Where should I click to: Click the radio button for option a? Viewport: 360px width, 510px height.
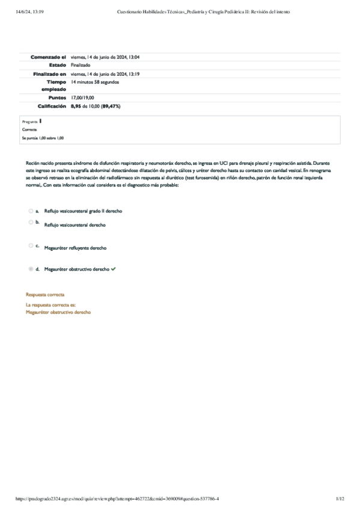pos(31,211)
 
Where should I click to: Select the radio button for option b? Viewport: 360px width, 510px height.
pos(31,223)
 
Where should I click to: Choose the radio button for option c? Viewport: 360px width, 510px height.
pos(31,245)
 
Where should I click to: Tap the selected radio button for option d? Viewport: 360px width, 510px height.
pos(31,269)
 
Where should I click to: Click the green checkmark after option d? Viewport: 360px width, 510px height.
pos(114,269)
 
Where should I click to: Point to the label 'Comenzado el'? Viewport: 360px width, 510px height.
pos(48,57)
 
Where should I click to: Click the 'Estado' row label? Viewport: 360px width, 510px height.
pos(57,65)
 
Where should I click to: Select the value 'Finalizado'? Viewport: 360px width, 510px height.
pos(81,65)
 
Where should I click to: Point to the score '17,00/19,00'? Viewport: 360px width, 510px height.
pos(82,97)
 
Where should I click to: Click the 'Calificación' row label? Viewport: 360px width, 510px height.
pos(52,106)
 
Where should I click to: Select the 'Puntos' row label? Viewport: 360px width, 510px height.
pos(56,97)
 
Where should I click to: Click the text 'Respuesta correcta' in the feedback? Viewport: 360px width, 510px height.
pos(45,295)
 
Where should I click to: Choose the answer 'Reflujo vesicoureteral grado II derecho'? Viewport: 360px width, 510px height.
pos(84,211)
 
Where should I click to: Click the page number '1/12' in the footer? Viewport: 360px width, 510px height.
pos(340,499)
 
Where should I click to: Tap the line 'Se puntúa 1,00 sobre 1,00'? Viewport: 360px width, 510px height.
pos(43,138)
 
